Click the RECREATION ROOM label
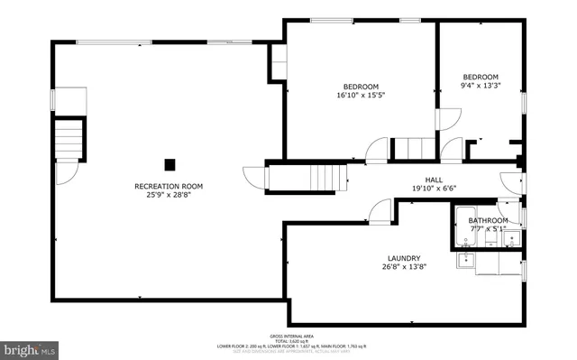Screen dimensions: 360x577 click(169, 186)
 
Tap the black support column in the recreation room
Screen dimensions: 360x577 click(169, 164)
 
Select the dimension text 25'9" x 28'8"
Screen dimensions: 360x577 click(169, 196)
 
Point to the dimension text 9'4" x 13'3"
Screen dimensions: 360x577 click(481, 87)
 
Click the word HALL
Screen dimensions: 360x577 click(435, 180)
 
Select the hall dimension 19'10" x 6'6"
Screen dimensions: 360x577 click(435, 189)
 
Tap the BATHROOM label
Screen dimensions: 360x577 click(488, 220)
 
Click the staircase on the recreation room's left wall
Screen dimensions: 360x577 click(69, 142)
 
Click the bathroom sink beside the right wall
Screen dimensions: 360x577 click(510, 238)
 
